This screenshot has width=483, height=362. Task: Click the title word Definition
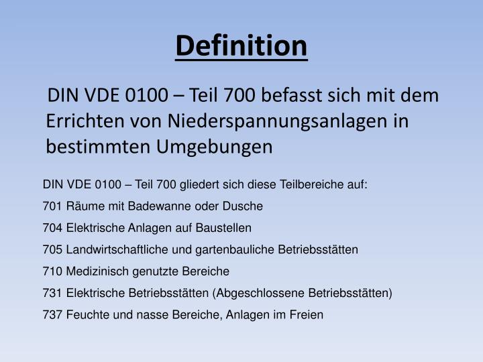point(241,46)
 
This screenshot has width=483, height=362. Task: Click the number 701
point(52,206)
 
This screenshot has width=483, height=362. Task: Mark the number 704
point(52,228)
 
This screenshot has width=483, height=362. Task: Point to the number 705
point(52,249)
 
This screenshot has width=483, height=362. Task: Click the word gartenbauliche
point(221,249)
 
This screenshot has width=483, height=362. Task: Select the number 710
point(52,271)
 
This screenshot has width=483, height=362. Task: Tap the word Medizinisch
point(95,271)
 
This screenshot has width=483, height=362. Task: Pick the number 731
point(52,293)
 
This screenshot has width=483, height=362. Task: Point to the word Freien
point(307,314)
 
